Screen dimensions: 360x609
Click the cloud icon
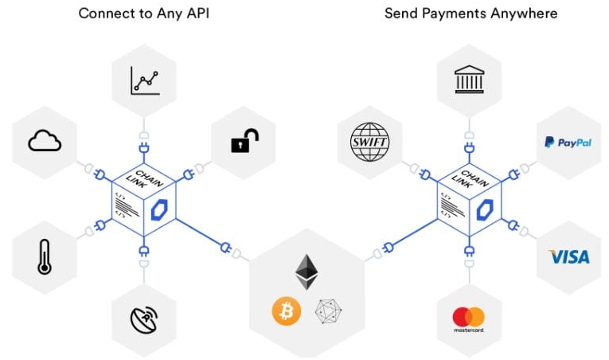click(x=45, y=142)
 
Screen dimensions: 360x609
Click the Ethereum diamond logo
click(x=306, y=272)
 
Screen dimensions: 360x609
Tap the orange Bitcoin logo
click(x=287, y=311)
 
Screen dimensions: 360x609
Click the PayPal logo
click(x=568, y=143)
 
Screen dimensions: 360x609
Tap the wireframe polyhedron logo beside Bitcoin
click(x=329, y=311)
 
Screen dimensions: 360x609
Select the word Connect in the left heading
click(x=103, y=14)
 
